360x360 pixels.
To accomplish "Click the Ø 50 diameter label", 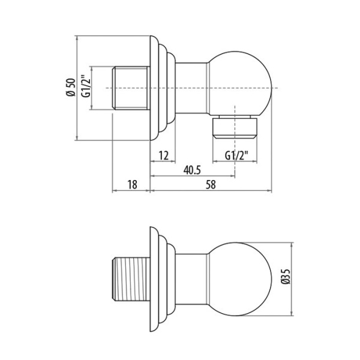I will tap(70, 88).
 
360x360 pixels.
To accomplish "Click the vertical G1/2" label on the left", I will tap(86, 88).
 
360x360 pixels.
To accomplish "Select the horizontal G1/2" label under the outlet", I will tap(238, 155).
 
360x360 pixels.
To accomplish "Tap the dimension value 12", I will tap(163, 155).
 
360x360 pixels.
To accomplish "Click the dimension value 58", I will tap(211, 185).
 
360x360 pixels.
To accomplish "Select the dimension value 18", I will tap(131, 185).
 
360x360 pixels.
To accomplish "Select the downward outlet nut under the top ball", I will tap(238, 127).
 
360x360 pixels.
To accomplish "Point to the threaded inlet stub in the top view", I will tap(131, 88).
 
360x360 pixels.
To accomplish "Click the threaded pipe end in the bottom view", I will tap(131, 280).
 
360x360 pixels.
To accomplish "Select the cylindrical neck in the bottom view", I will tap(192, 280).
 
